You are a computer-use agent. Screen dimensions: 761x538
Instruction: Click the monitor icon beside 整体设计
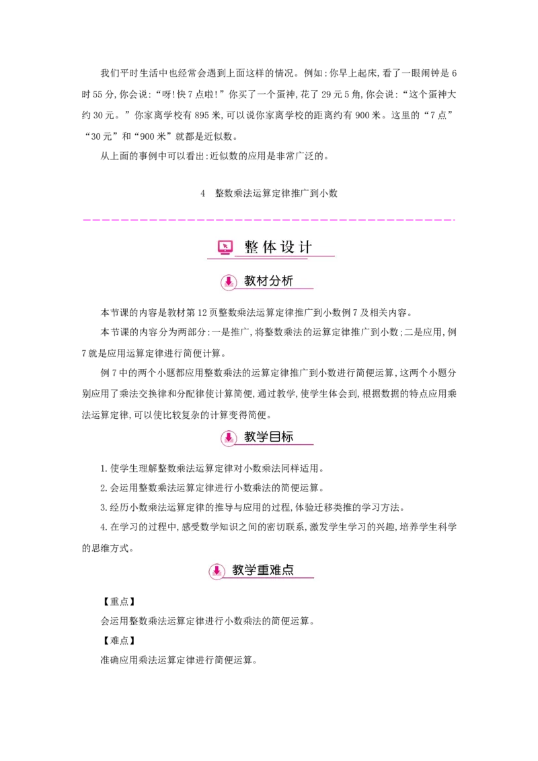[x=225, y=247]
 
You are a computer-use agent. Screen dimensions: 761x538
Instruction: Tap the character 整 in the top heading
[x=252, y=247]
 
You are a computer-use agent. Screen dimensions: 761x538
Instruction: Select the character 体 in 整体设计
[x=270, y=247]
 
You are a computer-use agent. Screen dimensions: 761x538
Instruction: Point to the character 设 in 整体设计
[x=288, y=247]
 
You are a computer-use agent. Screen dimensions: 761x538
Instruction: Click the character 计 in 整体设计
[x=305, y=247]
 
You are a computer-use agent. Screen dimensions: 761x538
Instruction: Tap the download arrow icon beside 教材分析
[x=229, y=282]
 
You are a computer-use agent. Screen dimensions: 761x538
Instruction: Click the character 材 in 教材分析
[x=263, y=281]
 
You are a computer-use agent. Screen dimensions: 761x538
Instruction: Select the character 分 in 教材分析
[x=275, y=281]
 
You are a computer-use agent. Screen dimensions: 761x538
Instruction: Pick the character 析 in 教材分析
[x=287, y=281]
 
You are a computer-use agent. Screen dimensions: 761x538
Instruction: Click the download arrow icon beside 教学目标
[x=229, y=438]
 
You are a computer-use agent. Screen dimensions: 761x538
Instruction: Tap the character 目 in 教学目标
[x=275, y=437]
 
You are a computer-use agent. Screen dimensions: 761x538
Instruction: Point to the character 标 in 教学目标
[x=287, y=437]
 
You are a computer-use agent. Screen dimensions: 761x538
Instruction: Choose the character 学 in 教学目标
[x=263, y=437]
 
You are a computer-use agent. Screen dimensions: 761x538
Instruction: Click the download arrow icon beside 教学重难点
[x=217, y=571]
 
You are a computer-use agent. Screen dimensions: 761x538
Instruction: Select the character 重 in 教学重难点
[x=263, y=570]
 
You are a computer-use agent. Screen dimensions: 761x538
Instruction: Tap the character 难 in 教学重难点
[x=275, y=570]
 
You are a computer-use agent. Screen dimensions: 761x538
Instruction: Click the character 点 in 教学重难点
[x=288, y=570]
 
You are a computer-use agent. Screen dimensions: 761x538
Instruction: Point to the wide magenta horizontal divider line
[x=269, y=221]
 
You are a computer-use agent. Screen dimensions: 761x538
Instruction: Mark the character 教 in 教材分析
[x=250, y=281]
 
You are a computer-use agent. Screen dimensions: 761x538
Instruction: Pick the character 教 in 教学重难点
[x=238, y=570]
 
